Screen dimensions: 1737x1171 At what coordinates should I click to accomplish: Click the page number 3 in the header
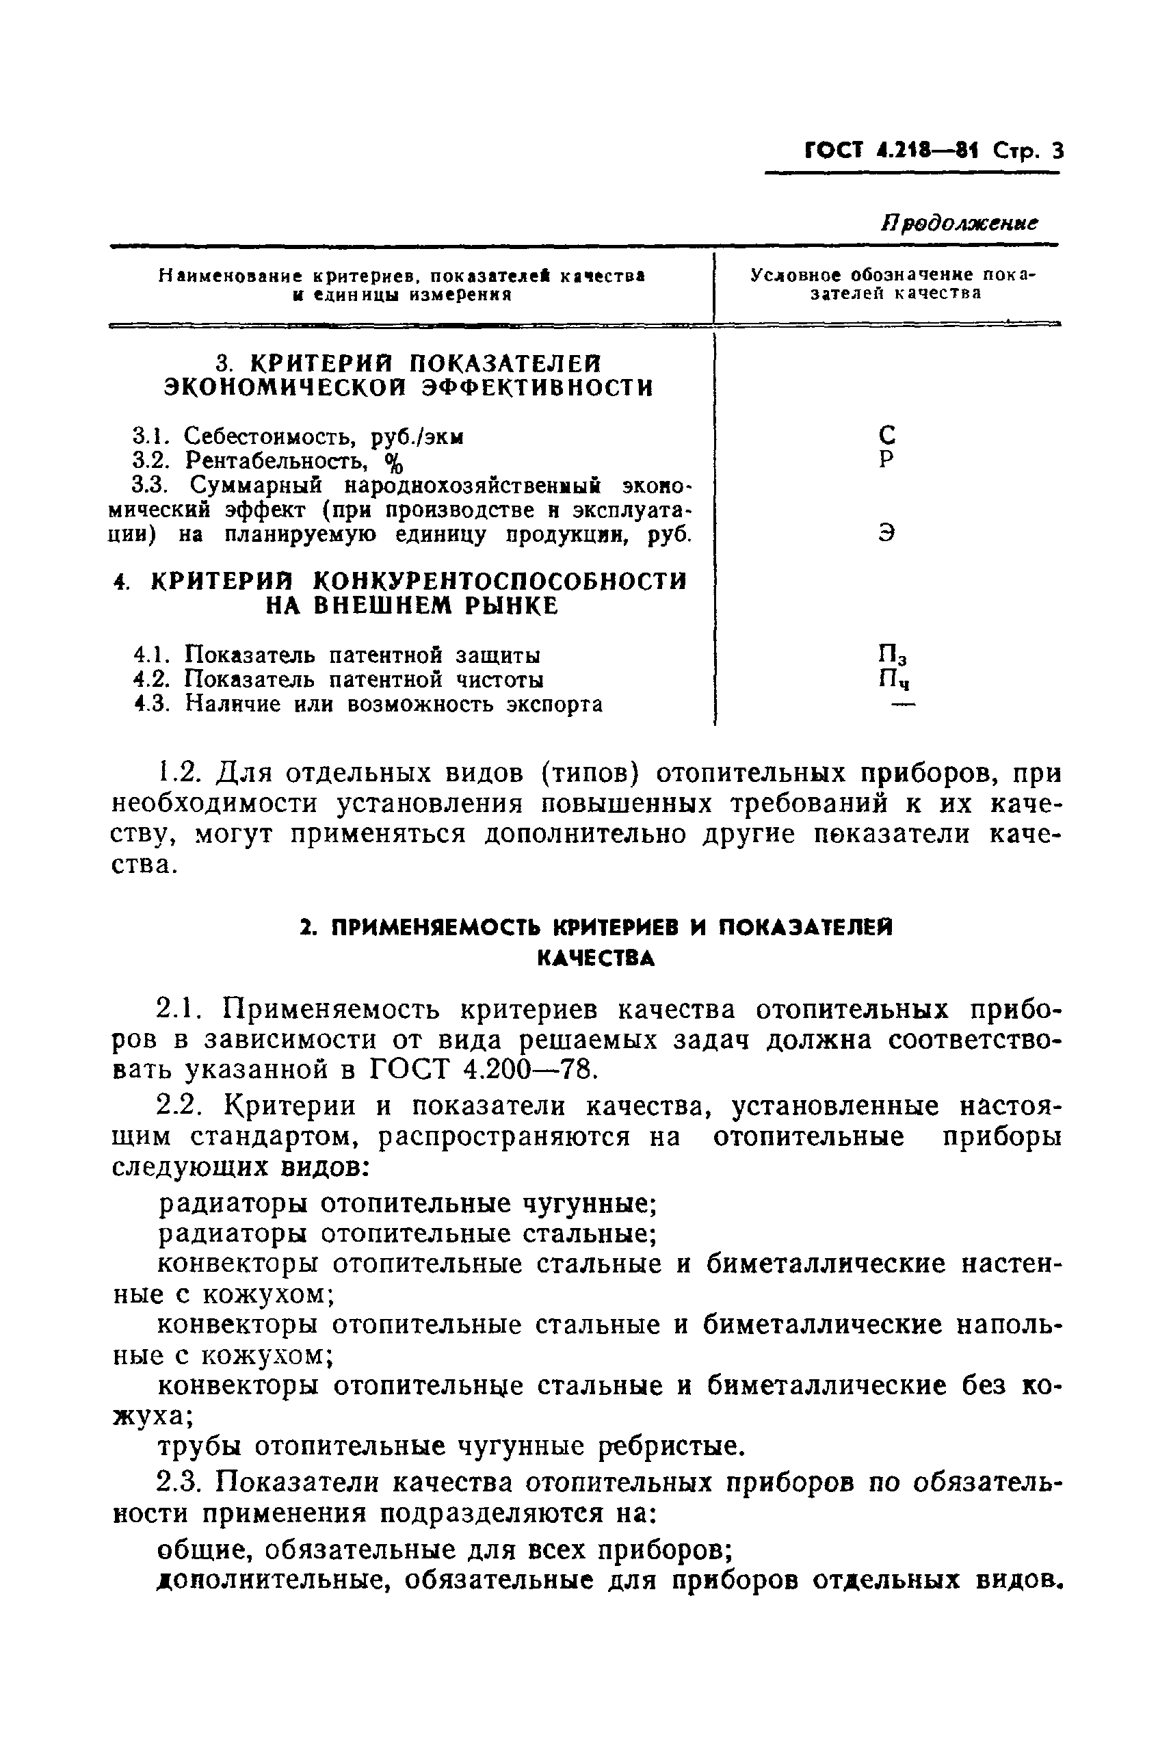[1055, 152]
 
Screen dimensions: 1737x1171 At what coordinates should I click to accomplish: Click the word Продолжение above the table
[960, 223]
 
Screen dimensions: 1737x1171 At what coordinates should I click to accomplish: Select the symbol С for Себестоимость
[886, 434]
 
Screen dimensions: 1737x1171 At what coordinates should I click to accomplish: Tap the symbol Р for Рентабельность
[886, 459]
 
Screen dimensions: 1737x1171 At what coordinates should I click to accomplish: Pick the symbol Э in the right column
[886, 533]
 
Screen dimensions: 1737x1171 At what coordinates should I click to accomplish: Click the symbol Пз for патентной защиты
[893, 655]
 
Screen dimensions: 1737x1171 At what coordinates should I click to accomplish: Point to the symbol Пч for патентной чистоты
[893, 680]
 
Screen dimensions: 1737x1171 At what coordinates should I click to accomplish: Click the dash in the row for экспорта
[903, 704]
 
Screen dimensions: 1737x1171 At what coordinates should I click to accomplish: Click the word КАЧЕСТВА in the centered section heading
[596, 959]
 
